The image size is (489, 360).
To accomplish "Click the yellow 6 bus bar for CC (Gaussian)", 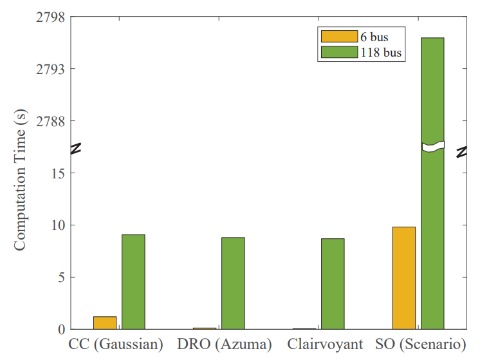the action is pyautogui.click(x=105, y=323).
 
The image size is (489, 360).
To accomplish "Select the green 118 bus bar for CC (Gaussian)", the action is pyautogui.click(x=133, y=282).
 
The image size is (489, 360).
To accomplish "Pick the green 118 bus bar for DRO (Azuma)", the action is pyautogui.click(x=234, y=283).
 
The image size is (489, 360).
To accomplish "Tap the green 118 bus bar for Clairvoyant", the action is pyautogui.click(x=333, y=284).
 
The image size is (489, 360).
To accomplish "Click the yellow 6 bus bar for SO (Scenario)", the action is pyautogui.click(x=404, y=278).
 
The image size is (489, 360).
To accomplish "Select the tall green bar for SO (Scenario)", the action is pyautogui.click(x=432, y=184).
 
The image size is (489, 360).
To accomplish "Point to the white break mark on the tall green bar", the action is pyautogui.click(x=433, y=146).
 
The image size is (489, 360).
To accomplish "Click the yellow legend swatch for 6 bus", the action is pyautogui.click(x=339, y=36).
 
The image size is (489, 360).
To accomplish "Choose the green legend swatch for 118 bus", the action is pyautogui.click(x=339, y=52).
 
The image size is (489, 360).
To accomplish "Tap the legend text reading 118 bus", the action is pyautogui.click(x=381, y=52).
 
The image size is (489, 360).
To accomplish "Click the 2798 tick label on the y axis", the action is pyautogui.click(x=51, y=17).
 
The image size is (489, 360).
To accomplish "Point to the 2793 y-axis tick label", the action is pyautogui.click(x=51, y=69).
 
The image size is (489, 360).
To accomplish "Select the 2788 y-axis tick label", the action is pyautogui.click(x=51, y=121).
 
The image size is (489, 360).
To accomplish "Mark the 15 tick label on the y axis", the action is pyautogui.click(x=59, y=173).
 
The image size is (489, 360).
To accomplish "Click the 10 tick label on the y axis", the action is pyautogui.click(x=59, y=225).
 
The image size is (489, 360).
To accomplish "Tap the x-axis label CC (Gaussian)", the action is pyautogui.click(x=116, y=344).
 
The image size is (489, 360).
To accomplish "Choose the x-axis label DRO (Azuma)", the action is pyautogui.click(x=225, y=344).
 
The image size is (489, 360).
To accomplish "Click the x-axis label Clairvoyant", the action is pyautogui.click(x=325, y=344).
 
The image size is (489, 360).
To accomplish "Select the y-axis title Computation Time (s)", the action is pyautogui.click(x=20, y=180).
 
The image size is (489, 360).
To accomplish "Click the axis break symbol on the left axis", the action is pyautogui.click(x=76, y=148).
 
